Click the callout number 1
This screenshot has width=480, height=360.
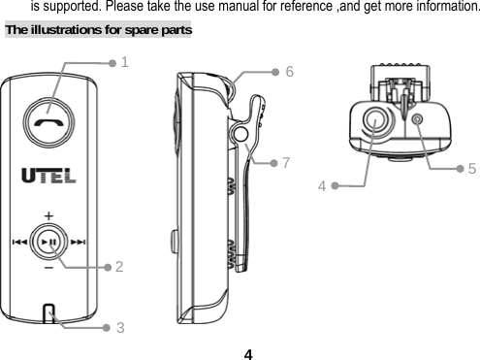[x=126, y=62]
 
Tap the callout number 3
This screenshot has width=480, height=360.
[x=119, y=327]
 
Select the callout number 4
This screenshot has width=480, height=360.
[x=321, y=184]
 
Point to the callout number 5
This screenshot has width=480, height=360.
[x=470, y=168]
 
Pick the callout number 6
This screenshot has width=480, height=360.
[x=290, y=72]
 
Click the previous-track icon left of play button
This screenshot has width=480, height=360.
[x=18, y=243]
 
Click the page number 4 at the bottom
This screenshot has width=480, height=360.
[x=249, y=351]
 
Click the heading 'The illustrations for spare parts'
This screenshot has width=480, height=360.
[x=99, y=29]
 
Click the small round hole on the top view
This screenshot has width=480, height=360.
[x=418, y=119]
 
